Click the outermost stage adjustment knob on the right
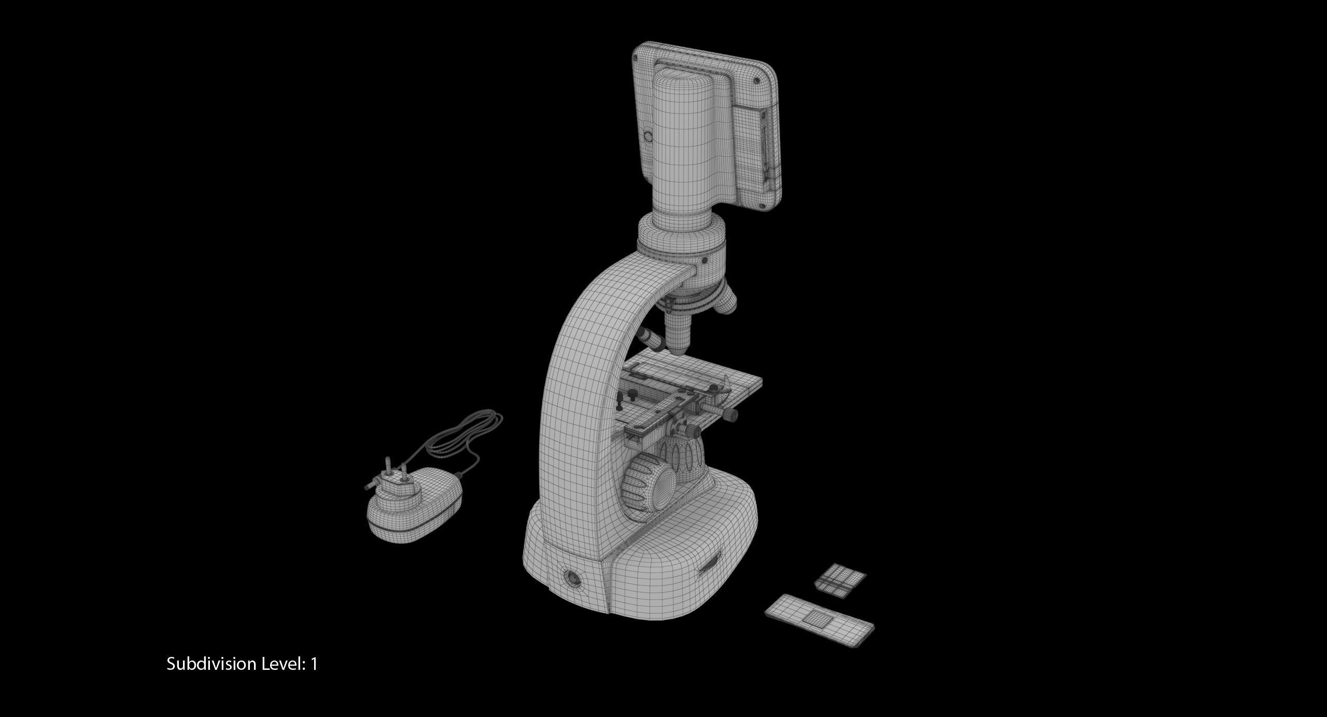(x=731, y=414)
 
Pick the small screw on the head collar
(x=704, y=261)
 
